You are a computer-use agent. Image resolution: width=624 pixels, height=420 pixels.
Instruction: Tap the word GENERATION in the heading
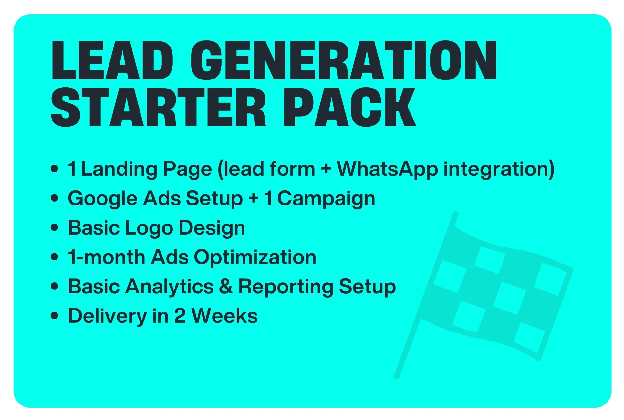click(344, 60)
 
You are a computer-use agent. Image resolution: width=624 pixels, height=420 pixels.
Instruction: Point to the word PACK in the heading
click(349, 107)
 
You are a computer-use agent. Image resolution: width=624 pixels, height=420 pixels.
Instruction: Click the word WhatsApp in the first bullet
click(388, 169)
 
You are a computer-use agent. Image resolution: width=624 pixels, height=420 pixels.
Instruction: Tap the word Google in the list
click(103, 199)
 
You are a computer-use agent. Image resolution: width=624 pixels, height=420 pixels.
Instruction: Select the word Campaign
click(326, 199)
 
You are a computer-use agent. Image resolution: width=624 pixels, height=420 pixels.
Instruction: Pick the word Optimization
click(255, 257)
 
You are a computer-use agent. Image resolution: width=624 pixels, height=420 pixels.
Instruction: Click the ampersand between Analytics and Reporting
click(226, 287)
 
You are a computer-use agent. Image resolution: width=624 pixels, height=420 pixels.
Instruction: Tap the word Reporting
click(286, 287)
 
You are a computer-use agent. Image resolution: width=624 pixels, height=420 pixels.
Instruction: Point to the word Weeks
click(224, 316)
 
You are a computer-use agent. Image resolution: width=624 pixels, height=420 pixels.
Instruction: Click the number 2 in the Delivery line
click(180, 316)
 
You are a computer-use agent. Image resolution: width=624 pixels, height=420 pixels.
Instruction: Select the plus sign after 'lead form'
click(326, 170)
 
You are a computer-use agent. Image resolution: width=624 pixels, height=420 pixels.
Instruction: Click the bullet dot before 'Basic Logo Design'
click(55, 227)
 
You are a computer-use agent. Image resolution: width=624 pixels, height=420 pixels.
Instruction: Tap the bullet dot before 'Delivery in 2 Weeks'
click(55, 316)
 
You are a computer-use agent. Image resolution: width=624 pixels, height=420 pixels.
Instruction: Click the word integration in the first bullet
click(499, 169)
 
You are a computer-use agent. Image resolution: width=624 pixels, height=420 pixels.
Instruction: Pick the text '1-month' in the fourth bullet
click(106, 257)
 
